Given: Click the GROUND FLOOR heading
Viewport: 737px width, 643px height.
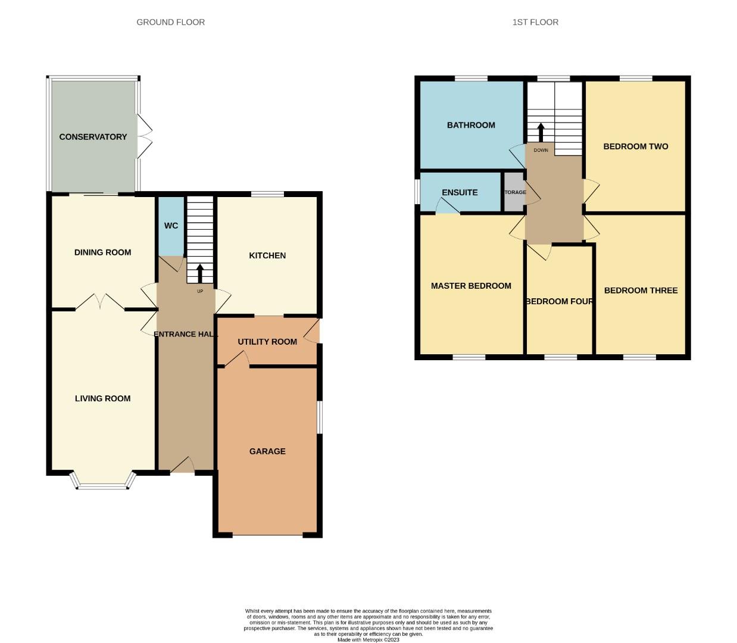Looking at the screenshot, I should pos(170,22).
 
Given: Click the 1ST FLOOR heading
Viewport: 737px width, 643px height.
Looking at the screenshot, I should pos(535,22).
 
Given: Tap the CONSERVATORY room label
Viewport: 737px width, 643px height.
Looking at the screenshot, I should pos(93,137).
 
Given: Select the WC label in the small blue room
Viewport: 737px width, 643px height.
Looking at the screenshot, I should pos(171,226).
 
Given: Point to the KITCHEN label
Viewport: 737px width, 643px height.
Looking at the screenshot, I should pos(267,255).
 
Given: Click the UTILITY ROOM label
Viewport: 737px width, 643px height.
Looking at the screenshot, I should pos(267,342).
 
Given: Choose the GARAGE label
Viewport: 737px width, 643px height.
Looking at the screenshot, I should pos(267,451).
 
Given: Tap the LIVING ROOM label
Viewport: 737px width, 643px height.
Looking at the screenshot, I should pos(102,398).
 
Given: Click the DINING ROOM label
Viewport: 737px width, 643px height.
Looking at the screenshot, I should pos(102,252).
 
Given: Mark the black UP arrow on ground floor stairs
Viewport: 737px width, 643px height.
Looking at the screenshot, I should pos(200,273).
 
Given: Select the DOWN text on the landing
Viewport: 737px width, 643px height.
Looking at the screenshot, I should pos(541,150).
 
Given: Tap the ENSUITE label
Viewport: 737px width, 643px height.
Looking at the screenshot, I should pos(460,192).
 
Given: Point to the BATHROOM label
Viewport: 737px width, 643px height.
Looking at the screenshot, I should pos(471,125).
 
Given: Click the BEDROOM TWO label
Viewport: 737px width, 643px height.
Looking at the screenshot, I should pos(635,146).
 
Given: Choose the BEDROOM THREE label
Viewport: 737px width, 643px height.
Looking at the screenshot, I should pos(641,291).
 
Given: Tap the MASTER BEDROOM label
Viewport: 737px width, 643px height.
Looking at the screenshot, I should pos(471,286).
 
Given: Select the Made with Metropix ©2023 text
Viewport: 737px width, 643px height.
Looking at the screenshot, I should pos(368,640).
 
